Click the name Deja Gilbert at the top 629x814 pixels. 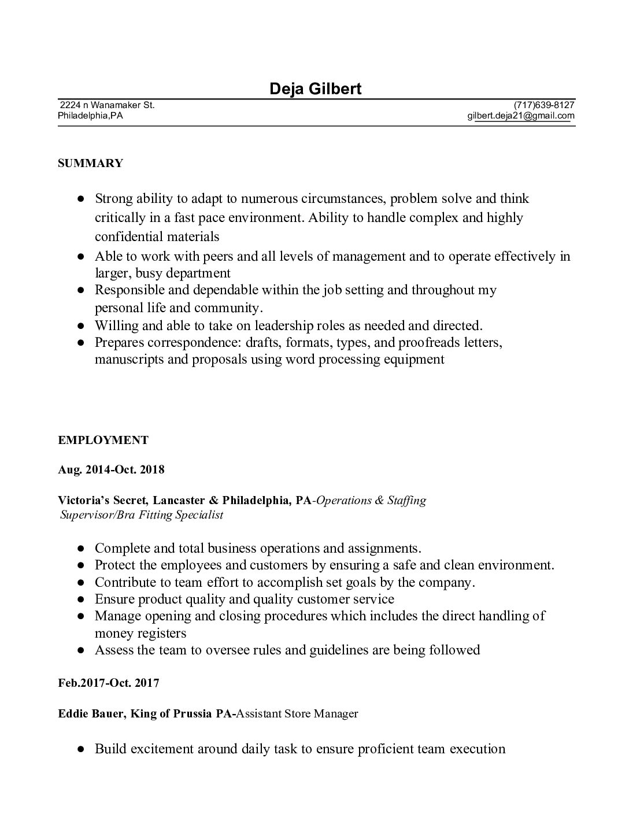point(315,88)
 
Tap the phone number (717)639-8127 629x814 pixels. point(544,105)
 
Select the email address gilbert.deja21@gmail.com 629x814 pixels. point(521,116)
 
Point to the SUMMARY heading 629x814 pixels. point(90,163)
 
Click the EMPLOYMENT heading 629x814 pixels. point(103,440)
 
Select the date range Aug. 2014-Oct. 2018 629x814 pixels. point(111,469)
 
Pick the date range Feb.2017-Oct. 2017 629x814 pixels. point(109,683)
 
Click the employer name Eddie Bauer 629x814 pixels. point(90,713)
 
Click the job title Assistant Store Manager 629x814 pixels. point(298,713)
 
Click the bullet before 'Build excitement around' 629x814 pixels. point(82,749)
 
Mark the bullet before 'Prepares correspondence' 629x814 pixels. point(82,342)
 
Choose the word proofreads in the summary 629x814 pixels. point(430,342)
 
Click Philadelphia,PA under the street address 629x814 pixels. point(90,116)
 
